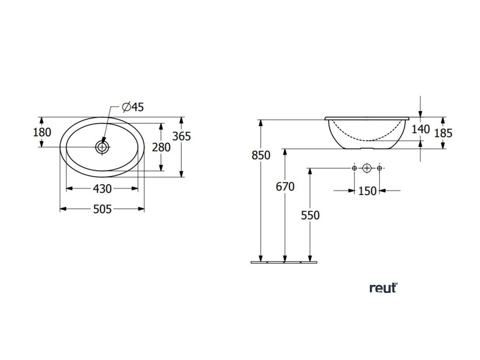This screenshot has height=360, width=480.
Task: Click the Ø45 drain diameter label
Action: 132,107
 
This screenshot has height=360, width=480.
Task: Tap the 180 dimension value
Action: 42,132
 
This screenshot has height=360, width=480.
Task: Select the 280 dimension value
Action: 161,147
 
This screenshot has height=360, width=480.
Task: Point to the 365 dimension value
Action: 181,136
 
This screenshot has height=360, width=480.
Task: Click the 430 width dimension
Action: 102,188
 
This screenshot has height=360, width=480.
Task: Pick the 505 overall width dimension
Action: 102,209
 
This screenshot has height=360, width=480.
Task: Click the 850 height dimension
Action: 261,155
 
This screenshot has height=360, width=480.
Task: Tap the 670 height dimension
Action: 285,187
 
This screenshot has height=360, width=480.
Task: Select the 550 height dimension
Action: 310,215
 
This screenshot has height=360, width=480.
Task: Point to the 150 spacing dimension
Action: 367,191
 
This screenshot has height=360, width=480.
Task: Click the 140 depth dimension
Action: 420,129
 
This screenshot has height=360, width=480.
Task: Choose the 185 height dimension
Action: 443,133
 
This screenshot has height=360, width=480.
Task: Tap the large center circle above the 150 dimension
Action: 367,168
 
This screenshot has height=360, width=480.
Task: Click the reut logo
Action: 383,288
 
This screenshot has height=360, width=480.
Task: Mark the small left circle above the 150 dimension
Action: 354,168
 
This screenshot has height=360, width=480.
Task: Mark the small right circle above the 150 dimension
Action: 379,168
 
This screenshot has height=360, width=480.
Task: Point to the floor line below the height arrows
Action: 286,262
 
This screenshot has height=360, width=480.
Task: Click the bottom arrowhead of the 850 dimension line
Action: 261,258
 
